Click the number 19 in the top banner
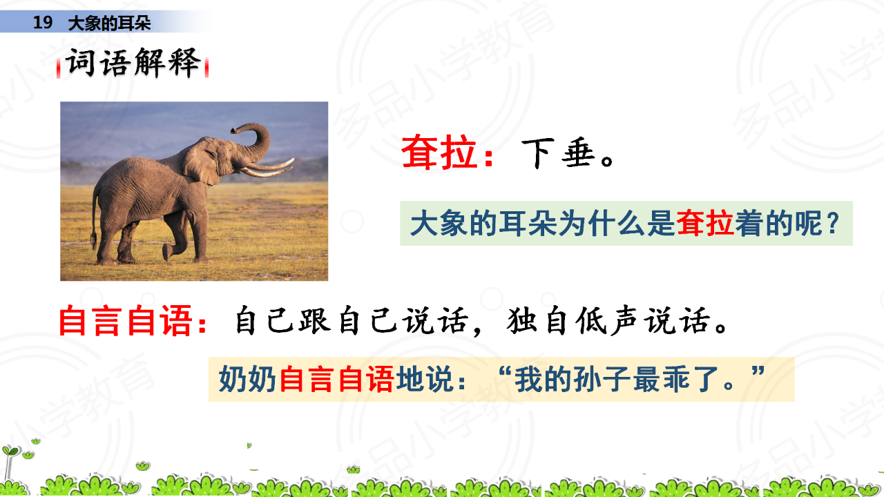[x=43, y=23]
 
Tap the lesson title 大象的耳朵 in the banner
[x=109, y=23]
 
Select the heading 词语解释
[x=133, y=62]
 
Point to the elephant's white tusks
[x=269, y=168]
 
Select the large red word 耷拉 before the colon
[x=439, y=153]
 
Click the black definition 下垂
[x=558, y=153]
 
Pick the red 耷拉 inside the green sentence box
[x=705, y=223]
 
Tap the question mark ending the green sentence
[x=834, y=223]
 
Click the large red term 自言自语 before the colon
[x=126, y=320]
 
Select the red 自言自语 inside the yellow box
[x=336, y=379]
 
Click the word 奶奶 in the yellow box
[x=247, y=379]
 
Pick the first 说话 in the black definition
[x=435, y=321]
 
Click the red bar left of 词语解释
[x=59, y=68]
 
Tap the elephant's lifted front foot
[x=167, y=252]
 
